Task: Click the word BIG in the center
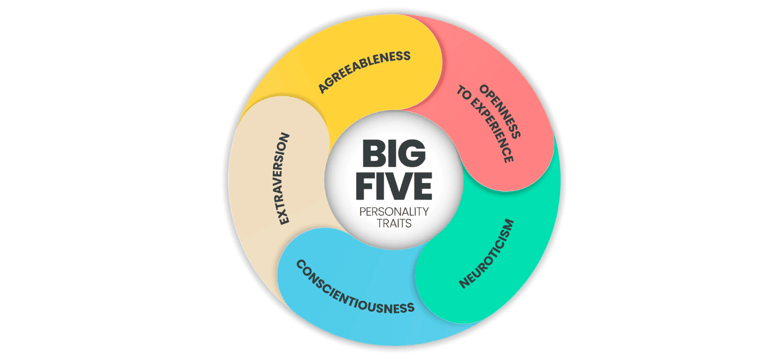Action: [x=394, y=154]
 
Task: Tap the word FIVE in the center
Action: [x=394, y=187]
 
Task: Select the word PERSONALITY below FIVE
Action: [x=394, y=211]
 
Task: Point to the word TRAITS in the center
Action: [x=394, y=224]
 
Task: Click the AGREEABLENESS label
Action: [x=364, y=71]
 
